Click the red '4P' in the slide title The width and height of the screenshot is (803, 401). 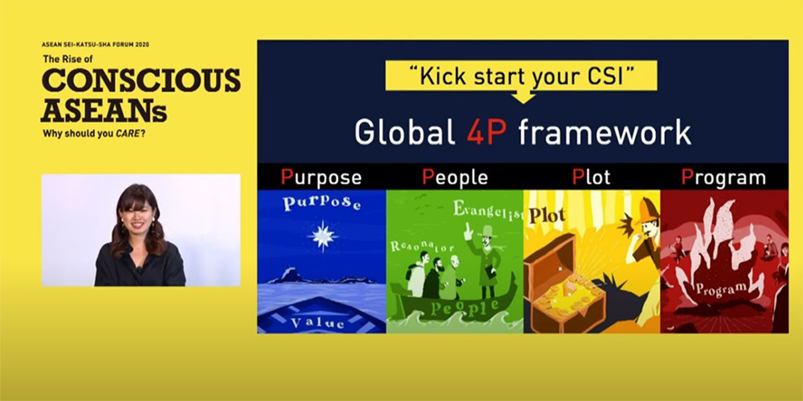click(487, 132)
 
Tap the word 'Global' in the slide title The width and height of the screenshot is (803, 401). click(405, 132)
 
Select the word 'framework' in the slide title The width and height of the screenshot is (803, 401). click(605, 132)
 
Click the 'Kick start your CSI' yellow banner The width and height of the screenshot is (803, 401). click(521, 76)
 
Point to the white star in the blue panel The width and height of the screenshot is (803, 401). click(323, 236)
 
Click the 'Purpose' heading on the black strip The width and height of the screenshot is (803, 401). click(321, 178)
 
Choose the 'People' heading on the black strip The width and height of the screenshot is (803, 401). click(455, 177)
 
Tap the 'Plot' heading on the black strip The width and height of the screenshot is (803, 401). click(591, 177)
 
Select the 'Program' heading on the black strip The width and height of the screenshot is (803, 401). click(723, 178)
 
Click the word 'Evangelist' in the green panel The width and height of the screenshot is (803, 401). click(488, 210)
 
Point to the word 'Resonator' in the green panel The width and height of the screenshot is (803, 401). click(422, 246)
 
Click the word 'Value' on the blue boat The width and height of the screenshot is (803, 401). click(318, 323)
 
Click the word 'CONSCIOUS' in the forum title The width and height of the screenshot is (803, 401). click(141, 80)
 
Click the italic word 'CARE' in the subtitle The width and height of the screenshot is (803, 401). click(128, 134)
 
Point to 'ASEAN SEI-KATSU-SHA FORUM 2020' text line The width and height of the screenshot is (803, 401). click(95, 45)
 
